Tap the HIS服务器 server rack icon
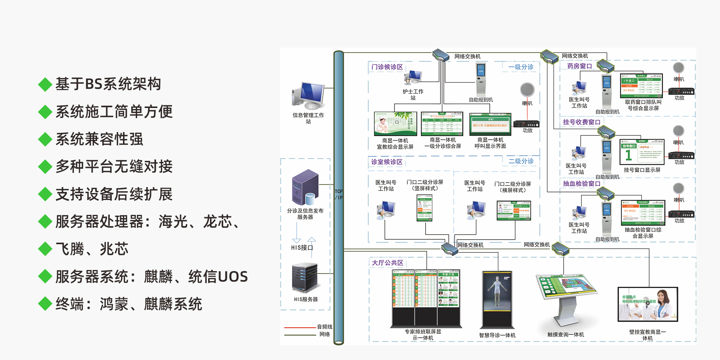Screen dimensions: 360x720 coord(305,278)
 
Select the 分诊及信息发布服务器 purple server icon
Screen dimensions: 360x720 coord(305,187)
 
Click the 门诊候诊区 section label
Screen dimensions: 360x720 coord(387,67)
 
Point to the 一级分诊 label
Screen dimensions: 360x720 coord(521,67)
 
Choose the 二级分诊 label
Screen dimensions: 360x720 coord(521,161)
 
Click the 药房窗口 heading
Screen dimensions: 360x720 coord(579,66)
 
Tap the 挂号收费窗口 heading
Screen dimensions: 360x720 coord(582,122)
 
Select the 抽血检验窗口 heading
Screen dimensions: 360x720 coord(582,184)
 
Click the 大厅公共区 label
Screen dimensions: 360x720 coord(387,263)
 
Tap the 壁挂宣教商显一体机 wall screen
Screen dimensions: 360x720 coord(648,304)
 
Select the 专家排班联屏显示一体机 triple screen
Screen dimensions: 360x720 coord(426,298)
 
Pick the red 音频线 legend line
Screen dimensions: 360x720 coord(300,327)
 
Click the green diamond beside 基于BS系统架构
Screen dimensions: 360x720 coord(45,84)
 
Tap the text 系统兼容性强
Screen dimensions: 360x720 coord(99,139)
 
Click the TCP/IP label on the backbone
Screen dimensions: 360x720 coord(339,195)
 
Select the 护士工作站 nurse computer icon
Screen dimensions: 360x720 coord(413,77)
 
